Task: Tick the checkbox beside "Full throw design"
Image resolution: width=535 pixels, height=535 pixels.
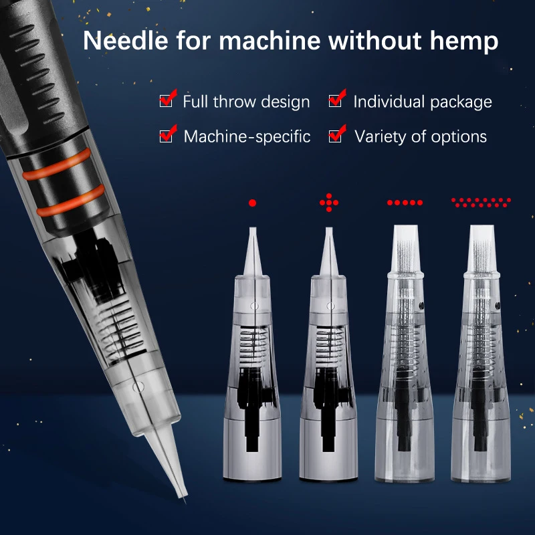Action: click(x=166, y=101)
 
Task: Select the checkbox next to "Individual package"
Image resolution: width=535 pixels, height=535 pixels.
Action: click(x=336, y=101)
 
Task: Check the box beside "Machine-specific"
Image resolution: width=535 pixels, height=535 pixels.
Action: click(x=166, y=136)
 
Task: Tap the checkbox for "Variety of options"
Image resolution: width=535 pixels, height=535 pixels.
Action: click(x=336, y=136)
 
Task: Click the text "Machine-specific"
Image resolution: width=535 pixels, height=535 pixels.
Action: click(x=247, y=136)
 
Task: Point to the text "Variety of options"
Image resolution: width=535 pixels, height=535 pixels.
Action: click(x=420, y=136)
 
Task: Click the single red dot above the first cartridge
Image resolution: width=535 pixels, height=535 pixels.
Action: click(x=252, y=202)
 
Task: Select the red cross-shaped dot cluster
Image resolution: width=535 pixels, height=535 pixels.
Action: click(x=328, y=202)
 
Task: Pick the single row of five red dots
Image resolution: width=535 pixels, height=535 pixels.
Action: click(x=405, y=202)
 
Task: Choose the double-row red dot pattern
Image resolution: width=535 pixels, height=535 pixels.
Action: click(x=481, y=200)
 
